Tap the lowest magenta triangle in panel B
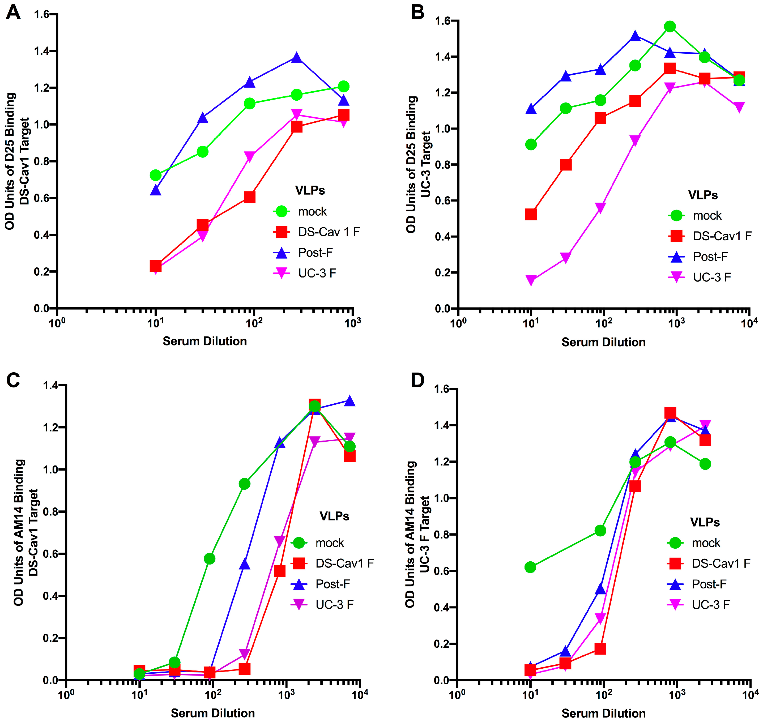coord(531,280)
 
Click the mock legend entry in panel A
coord(312,211)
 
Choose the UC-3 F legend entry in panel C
coord(334,605)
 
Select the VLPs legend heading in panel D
coord(705,522)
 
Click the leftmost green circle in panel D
coord(530,567)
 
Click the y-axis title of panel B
coord(418,164)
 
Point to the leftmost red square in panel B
coord(531,214)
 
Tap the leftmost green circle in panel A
coord(156,176)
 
